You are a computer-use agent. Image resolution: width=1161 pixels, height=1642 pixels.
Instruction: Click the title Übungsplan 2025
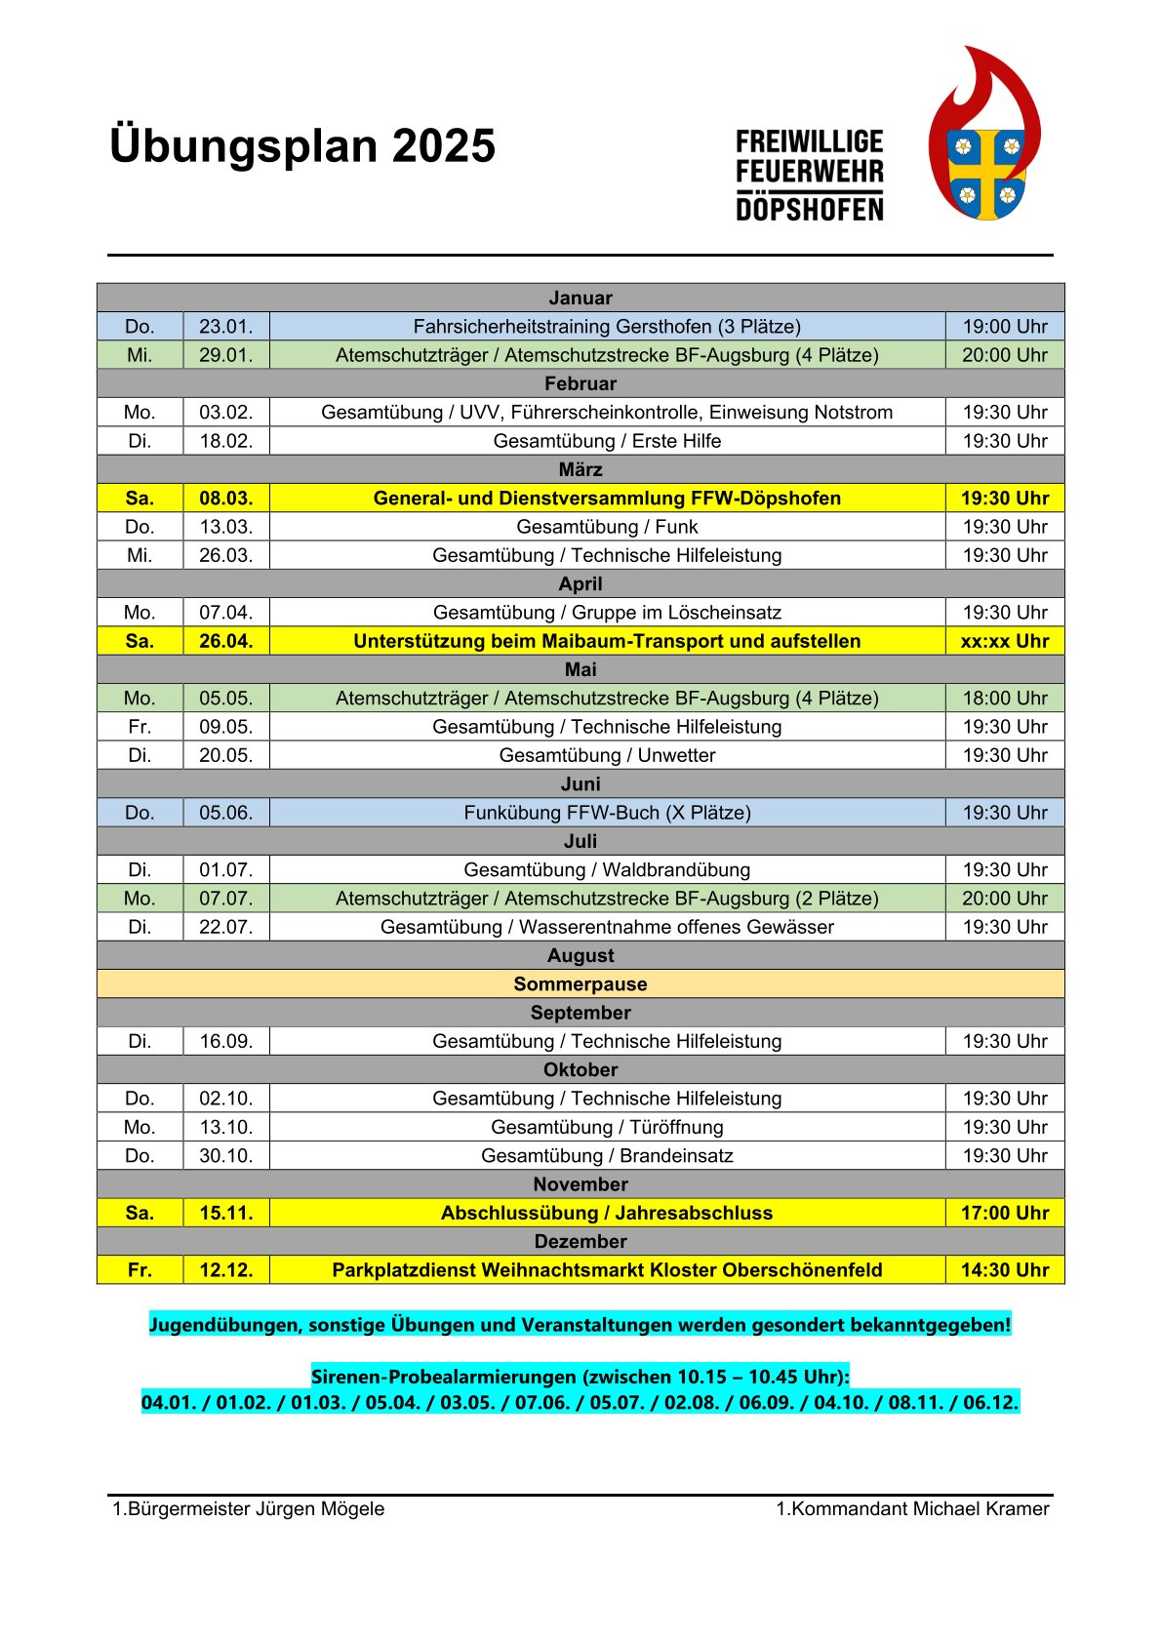302,146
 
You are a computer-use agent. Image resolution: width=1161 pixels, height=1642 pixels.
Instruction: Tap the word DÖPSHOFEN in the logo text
810,209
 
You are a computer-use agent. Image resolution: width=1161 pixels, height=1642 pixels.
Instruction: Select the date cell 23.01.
225,327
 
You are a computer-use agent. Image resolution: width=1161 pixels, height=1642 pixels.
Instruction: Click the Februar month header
580,383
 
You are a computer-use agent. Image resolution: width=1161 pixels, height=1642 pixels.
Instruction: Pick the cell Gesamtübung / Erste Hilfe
607,441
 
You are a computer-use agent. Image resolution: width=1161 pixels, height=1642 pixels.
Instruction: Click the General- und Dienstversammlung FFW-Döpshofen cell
607,499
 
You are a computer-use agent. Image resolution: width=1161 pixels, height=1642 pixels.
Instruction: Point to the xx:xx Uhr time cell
1004,641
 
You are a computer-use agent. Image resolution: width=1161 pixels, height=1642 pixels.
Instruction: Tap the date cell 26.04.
225,641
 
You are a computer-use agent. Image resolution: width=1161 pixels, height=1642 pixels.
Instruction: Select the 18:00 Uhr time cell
1004,699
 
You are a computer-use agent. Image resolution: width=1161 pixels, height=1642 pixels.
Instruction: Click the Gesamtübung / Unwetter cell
607,755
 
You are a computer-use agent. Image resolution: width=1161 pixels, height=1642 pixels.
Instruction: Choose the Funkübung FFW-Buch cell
607,813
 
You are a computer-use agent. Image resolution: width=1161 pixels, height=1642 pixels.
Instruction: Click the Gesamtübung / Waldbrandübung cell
607,869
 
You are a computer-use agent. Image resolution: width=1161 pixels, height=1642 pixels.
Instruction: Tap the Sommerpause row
580,984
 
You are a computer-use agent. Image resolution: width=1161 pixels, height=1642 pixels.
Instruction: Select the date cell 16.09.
225,1041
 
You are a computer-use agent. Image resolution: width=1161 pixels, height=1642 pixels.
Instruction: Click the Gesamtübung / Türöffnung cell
607,1127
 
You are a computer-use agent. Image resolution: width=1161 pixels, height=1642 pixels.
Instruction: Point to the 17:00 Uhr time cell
1004,1213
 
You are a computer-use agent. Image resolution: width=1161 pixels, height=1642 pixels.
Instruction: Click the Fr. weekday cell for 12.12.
140,1270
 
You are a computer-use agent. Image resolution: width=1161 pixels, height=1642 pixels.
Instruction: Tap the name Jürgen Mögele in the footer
320,1509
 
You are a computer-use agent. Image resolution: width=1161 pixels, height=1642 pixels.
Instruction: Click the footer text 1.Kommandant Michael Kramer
912,1509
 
